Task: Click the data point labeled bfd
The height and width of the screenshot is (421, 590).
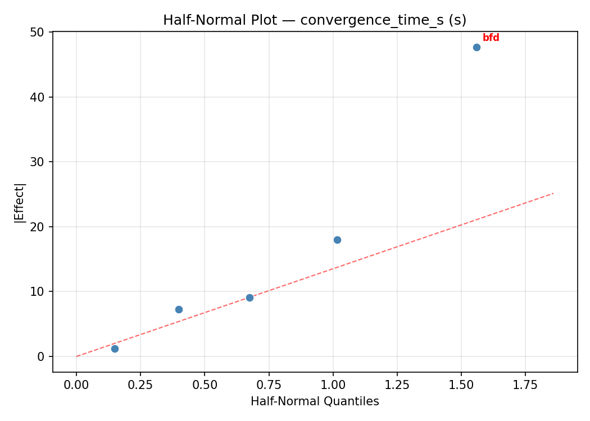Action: point(476,47)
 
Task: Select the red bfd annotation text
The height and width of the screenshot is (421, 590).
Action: point(491,38)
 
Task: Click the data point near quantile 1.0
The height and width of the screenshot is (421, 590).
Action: point(337,240)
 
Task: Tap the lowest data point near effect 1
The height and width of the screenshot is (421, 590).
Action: point(115,349)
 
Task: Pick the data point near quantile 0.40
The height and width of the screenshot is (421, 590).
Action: point(179,309)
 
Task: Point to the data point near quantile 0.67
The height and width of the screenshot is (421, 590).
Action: point(249,298)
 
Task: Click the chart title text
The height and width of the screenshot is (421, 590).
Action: point(315,20)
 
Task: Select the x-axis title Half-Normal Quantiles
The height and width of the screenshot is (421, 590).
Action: point(315,401)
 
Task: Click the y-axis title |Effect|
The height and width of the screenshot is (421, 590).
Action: point(20,202)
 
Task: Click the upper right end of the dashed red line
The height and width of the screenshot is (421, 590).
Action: point(553,193)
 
